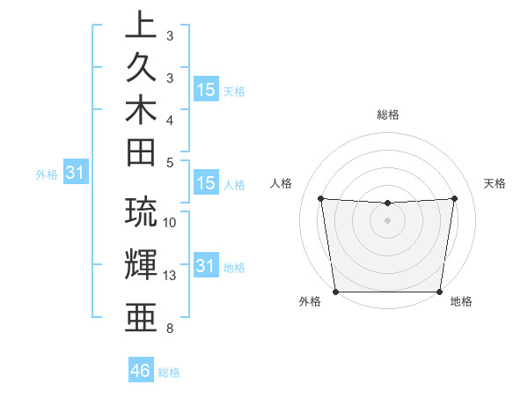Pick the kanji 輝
[x=140, y=263]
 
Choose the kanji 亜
[x=140, y=314]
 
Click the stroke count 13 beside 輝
[x=170, y=276]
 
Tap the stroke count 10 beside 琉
[x=170, y=223]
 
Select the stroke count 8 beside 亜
[x=170, y=329]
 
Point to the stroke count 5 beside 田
[x=170, y=162]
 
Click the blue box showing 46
[x=141, y=371]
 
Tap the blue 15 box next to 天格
[x=206, y=90]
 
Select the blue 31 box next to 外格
[x=76, y=174]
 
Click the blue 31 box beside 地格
[x=206, y=266]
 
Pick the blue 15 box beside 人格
[x=206, y=184]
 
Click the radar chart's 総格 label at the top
[x=388, y=115]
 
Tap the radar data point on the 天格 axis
[x=455, y=198]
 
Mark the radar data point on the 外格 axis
[x=336, y=292]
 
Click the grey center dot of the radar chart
[x=388, y=220]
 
